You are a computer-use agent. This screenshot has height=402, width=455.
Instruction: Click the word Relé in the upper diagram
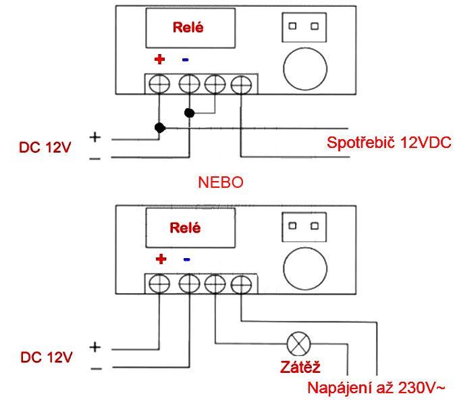tap(188, 28)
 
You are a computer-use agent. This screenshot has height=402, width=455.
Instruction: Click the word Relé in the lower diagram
tap(186, 228)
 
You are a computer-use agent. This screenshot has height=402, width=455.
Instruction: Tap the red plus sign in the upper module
tap(160, 59)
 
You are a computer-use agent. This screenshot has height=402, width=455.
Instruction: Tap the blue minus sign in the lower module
tap(187, 259)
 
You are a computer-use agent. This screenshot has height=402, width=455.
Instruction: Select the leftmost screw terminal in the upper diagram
tap(160, 84)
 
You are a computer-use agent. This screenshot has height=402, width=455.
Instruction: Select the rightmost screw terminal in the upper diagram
tap(240, 84)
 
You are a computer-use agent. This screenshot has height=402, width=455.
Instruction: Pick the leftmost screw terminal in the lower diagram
tap(160, 283)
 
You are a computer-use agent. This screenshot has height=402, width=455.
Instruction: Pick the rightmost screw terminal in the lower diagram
tap(240, 283)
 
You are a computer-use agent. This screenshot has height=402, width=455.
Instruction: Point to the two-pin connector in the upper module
tap(302, 27)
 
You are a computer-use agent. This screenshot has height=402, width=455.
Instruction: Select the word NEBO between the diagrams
tap(219, 182)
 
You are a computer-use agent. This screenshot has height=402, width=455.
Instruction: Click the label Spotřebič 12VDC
tap(389, 143)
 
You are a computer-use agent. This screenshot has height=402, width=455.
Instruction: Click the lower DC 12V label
tap(45, 357)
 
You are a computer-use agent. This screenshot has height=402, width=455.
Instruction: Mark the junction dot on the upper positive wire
tap(159, 127)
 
